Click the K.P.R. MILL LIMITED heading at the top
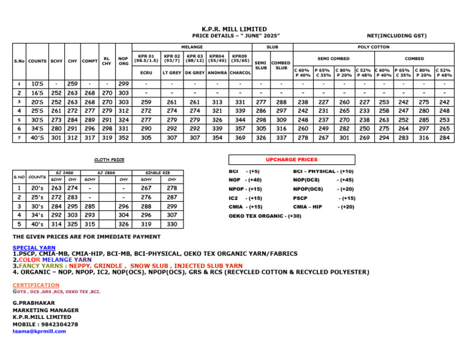pyautogui.click(x=233, y=28)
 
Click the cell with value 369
pyautogui.click(x=240, y=138)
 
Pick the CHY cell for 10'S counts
pyautogui.click(x=73, y=84)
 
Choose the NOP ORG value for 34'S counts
pyautogui.click(x=124, y=128)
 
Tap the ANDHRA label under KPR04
pyautogui.click(x=217, y=73)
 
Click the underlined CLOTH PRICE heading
pyautogui.click(x=109, y=160)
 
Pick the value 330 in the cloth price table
pyautogui.click(x=172, y=224)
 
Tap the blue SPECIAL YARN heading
pyautogui.click(x=34, y=248)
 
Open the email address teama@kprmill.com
pyautogui.click(x=39, y=332)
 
